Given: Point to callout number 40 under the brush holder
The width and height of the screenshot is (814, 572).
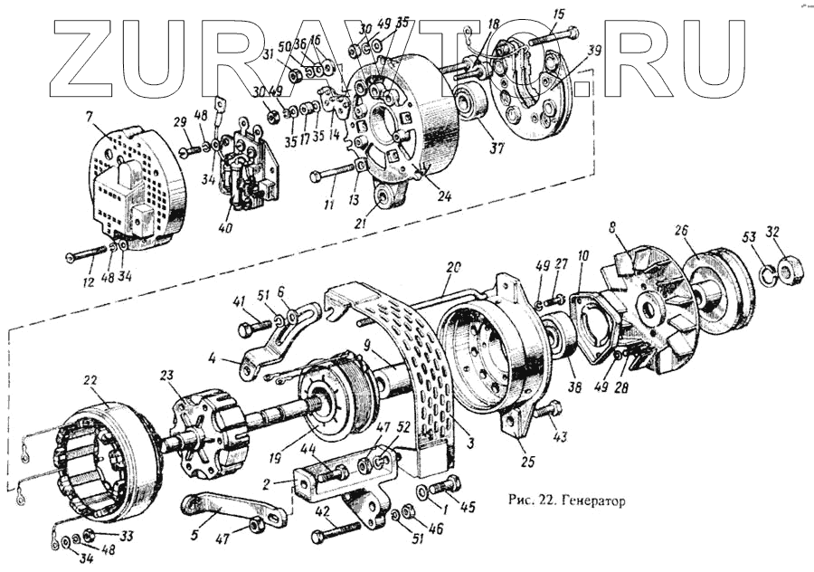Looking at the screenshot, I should [x=224, y=228].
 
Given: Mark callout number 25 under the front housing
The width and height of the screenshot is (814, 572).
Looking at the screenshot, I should [x=528, y=462].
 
